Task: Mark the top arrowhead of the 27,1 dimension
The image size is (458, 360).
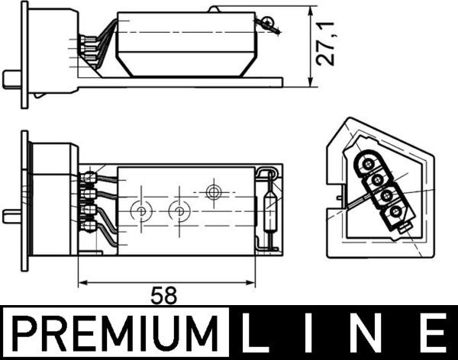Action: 310,12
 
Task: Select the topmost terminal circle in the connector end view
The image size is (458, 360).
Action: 368,162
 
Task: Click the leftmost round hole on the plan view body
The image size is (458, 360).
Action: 140,210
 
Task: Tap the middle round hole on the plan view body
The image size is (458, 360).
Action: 179,210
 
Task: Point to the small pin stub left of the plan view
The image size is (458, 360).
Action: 11,215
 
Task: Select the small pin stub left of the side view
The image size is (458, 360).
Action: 11,78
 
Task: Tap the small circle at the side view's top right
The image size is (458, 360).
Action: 267,22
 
